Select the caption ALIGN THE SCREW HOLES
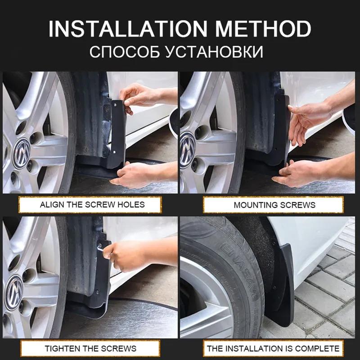coord(92,205)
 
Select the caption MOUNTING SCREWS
coord(274,205)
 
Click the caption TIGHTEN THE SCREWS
coord(90,348)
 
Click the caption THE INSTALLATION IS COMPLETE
coord(273,348)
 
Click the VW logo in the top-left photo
coord(22,147)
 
